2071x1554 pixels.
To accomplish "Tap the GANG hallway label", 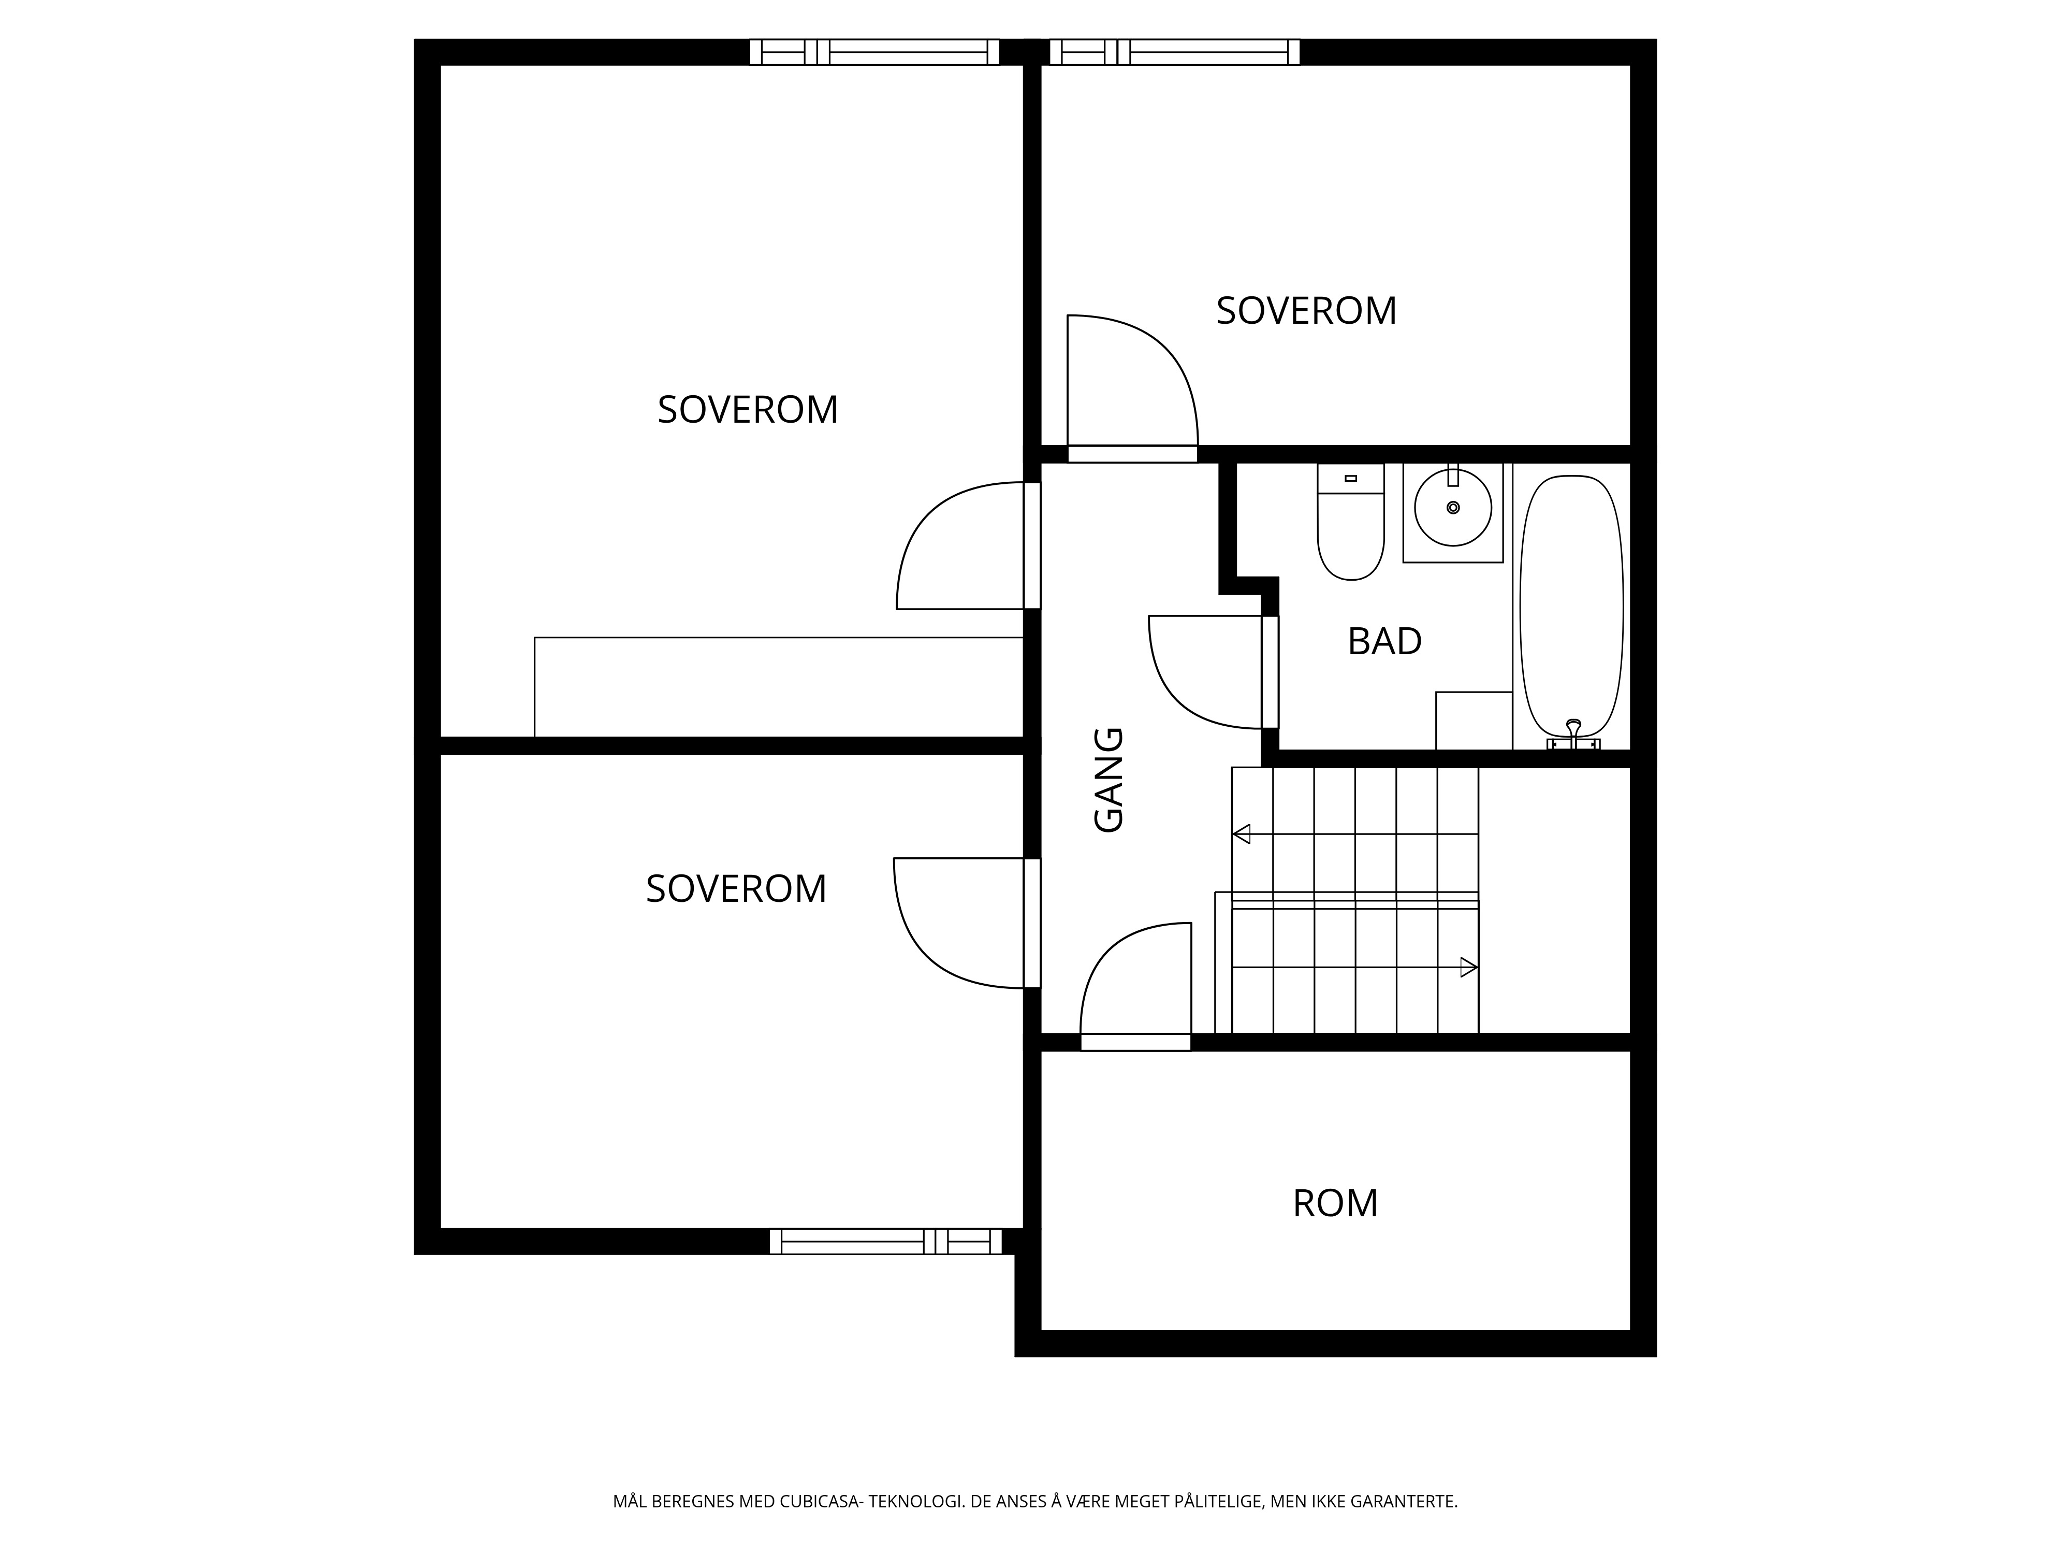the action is click(1109, 780).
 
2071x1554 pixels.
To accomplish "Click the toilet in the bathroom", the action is click(1350, 522).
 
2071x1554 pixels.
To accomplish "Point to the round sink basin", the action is click(1453, 508).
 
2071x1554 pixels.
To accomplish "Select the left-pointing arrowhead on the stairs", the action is click(1242, 833).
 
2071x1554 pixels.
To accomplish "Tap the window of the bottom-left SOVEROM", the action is click(886, 1241).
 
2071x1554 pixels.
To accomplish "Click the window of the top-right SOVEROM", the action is click(1174, 51).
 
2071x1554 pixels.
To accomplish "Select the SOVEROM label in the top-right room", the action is click(1306, 311).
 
